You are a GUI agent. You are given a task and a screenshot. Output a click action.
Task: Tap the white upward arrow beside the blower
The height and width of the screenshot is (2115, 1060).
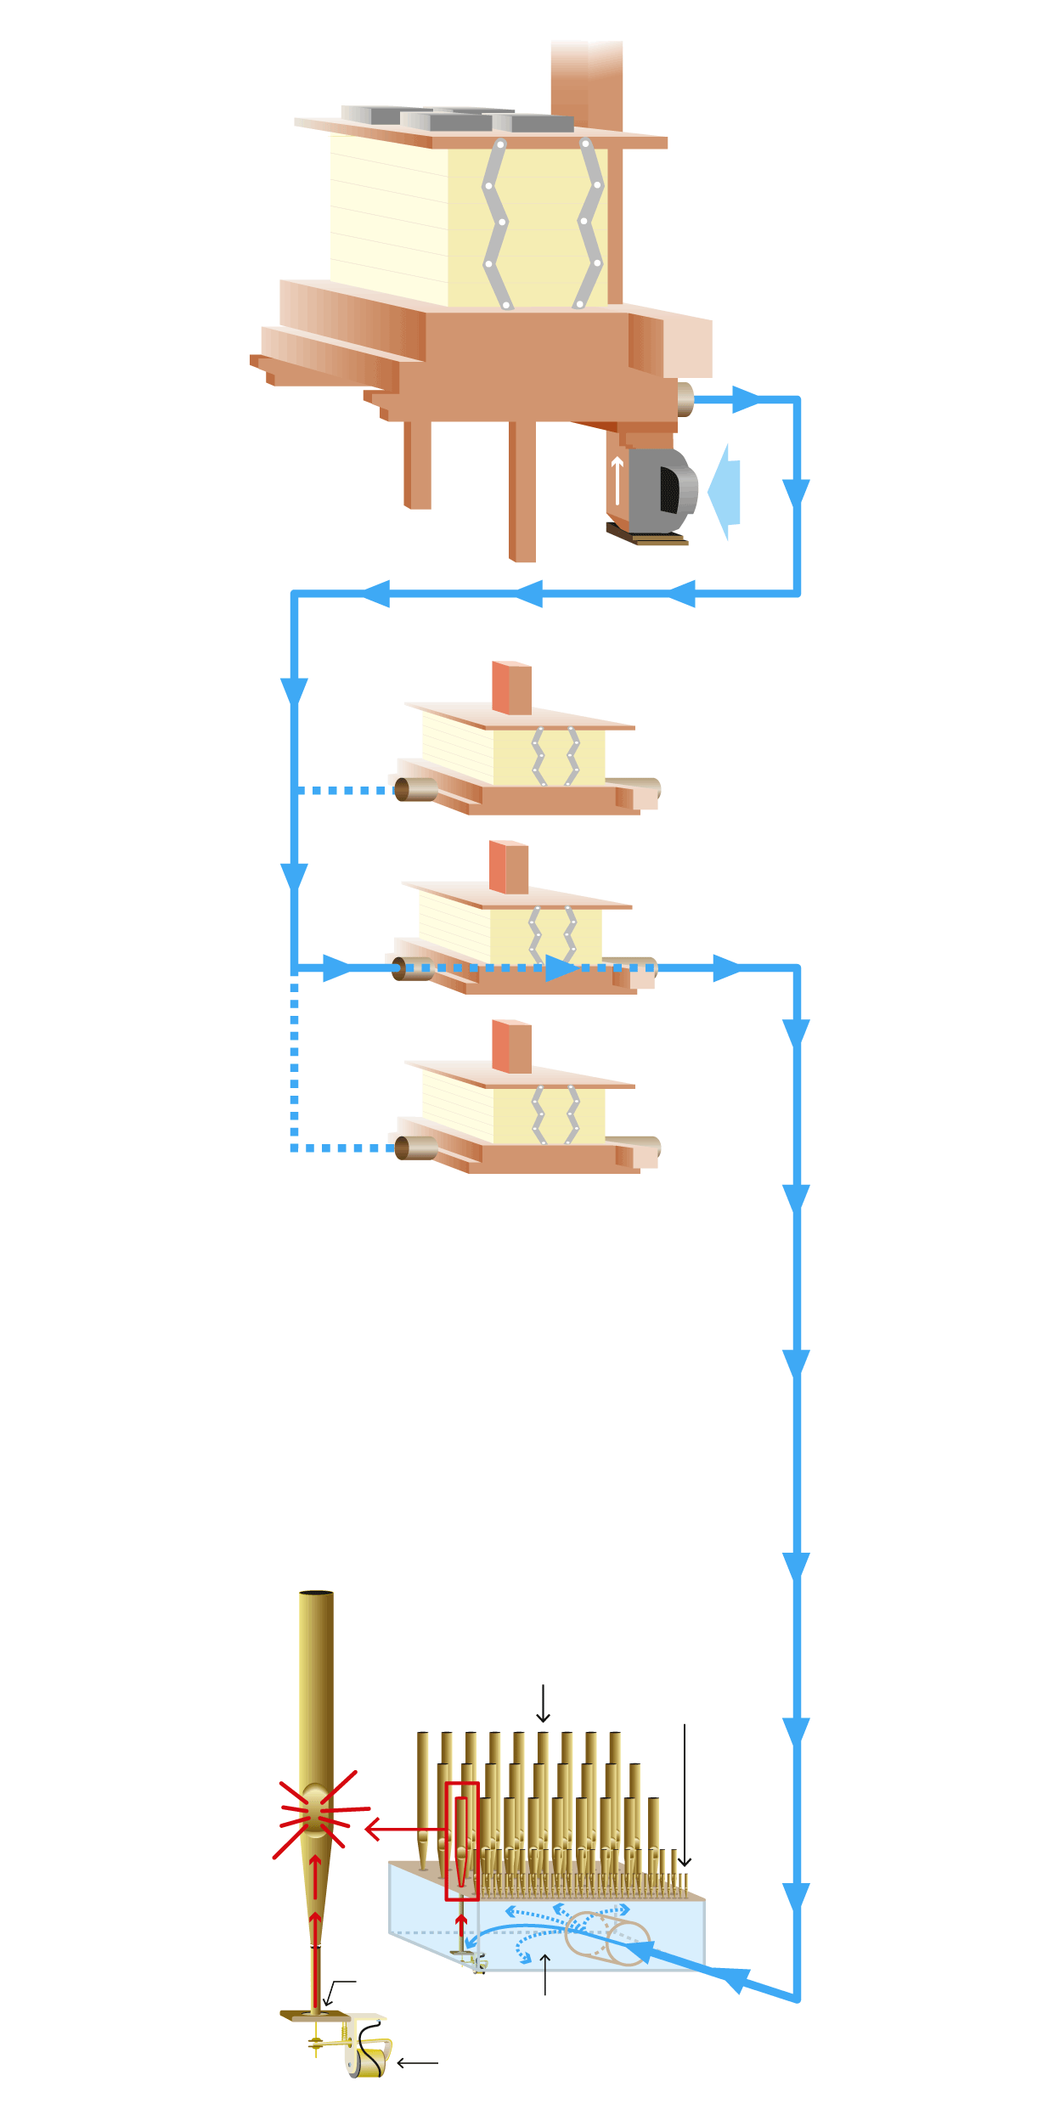617,479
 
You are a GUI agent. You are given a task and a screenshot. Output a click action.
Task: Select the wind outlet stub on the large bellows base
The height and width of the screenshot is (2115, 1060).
685,399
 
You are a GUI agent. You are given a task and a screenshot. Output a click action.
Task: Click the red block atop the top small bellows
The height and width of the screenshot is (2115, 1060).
511,688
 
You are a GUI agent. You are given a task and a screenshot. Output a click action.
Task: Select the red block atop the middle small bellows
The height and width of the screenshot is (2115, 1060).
508,867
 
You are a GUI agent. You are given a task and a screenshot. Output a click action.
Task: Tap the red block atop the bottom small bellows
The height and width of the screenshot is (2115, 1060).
511,1046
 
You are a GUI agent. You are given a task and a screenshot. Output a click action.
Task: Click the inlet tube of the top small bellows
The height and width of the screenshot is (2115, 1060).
415,789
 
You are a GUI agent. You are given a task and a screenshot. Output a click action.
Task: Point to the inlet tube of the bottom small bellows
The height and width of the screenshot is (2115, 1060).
415,1148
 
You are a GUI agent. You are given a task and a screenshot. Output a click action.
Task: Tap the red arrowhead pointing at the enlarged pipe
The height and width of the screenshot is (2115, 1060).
371,1829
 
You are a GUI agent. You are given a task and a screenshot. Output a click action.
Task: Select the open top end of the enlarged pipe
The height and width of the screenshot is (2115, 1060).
316,1593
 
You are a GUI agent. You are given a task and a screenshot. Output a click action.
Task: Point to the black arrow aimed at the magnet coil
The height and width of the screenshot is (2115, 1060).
417,2062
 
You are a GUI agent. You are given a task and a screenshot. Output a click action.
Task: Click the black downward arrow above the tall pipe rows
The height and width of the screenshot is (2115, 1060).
543,1704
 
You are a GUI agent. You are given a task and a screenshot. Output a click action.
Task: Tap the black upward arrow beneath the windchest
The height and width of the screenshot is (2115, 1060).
545,1973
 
